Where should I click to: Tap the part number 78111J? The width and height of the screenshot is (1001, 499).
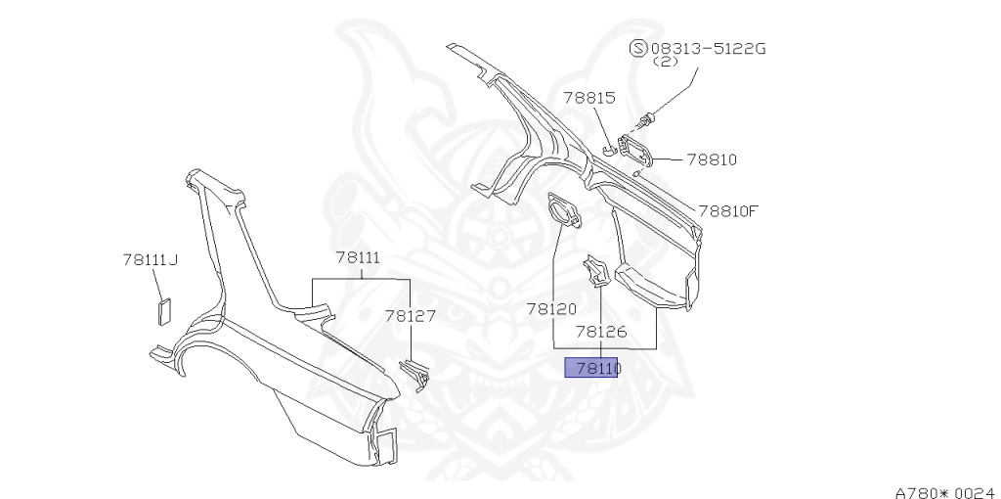click(x=150, y=259)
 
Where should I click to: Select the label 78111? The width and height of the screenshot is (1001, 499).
click(x=358, y=257)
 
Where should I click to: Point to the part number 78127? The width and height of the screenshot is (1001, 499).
click(x=410, y=316)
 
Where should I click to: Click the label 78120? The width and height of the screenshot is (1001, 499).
click(x=551, y=308)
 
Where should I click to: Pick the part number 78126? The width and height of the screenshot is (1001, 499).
click(x=600, y=332)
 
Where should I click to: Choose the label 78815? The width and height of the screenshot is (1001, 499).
click(x=588, y=97)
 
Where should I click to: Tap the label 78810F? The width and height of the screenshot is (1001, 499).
click(x=727, y=209)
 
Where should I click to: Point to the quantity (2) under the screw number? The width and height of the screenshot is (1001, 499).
click(x=665, y=62)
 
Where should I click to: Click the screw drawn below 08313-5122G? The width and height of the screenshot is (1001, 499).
click(x=647, y=120)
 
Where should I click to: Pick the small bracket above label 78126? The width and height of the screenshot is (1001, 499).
click(x=594, y=271)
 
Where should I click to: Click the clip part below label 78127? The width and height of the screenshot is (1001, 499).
click(x=416, y=372)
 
